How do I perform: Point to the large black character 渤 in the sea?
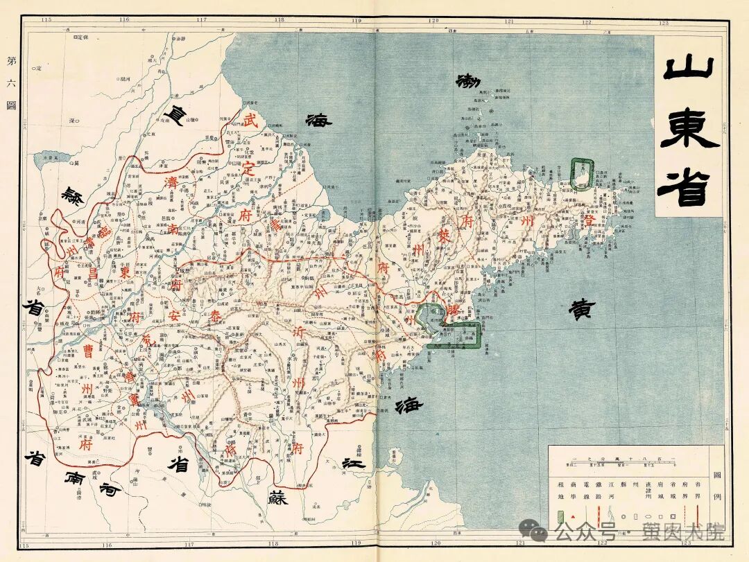[x=468, y=81]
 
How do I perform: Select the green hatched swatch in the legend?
[x=560, y=518]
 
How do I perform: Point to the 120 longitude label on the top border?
[x=434, y=21]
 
